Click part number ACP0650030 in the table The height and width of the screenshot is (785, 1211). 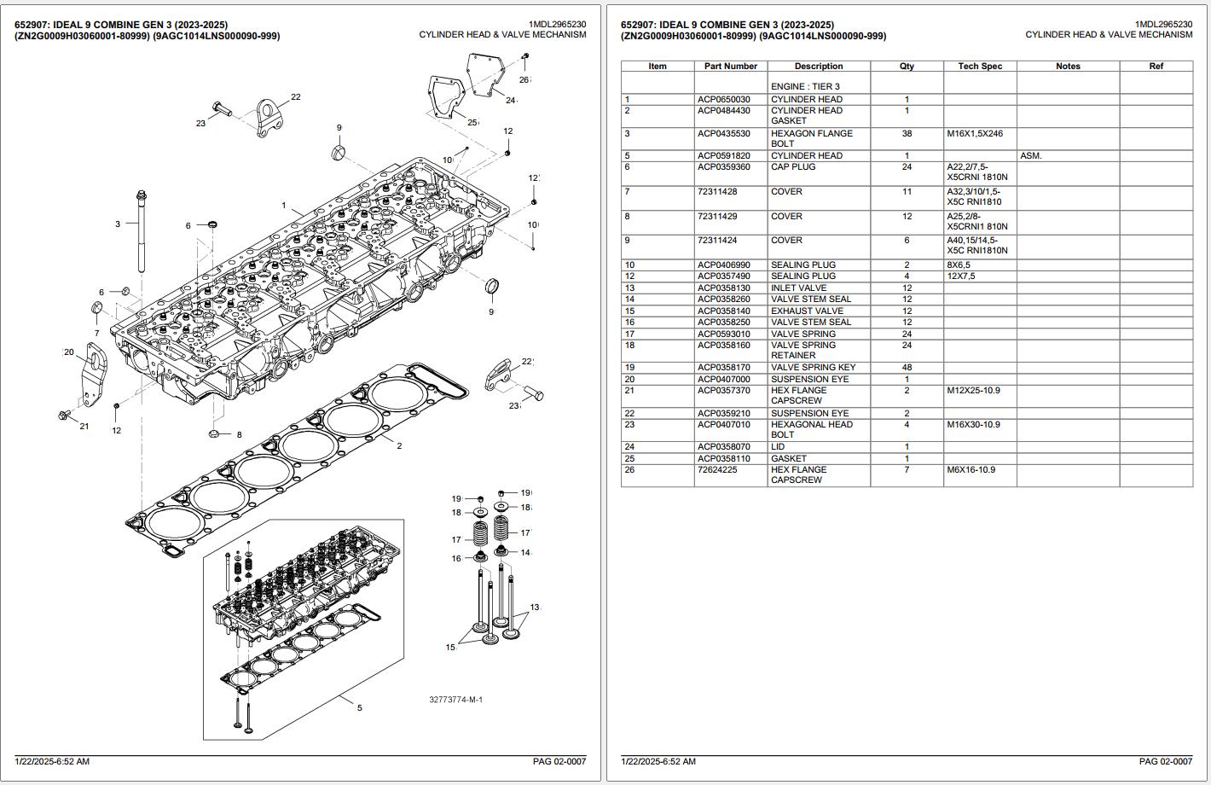[723, 100]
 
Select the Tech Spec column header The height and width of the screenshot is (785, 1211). [980, 66]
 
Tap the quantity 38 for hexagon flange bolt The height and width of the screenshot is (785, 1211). [907, 134]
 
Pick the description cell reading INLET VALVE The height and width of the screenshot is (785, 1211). [798, 288]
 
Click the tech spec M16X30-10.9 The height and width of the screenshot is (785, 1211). [973, 425]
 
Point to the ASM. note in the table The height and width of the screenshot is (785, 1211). [1030, 156]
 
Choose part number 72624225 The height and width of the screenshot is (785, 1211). [717, 469]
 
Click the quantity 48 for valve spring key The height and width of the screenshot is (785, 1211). [907, 368]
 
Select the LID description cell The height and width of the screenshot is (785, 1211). [778, 447]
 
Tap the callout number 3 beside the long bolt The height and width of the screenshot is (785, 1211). [118, 224]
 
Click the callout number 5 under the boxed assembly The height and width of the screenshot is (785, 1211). [360, 707]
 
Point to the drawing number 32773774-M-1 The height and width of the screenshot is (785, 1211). [455, 700]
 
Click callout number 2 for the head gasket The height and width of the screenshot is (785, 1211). [399, 445]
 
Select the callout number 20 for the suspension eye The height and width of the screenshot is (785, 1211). [69, 352]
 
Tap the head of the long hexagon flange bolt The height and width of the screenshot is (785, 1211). [141, 195]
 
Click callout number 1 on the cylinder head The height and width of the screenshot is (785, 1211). [284, 205]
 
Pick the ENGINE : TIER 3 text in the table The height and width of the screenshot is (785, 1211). [805, 86]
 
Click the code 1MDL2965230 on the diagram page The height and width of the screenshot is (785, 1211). [558, 25]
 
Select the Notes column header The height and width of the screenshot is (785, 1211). [1068, 66]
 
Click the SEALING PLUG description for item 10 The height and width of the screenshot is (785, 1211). [803, 265]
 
